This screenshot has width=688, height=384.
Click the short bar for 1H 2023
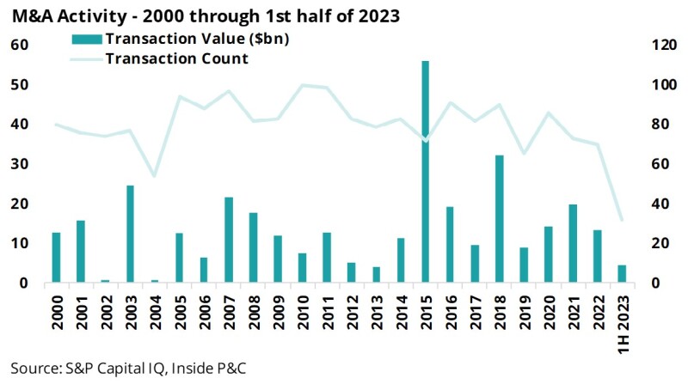621,273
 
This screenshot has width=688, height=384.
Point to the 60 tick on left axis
19,45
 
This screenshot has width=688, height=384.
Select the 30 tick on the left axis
19,164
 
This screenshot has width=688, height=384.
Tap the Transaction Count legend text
176,58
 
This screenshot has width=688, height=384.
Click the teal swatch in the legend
88,39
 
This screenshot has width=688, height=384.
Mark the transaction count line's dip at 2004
155,175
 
